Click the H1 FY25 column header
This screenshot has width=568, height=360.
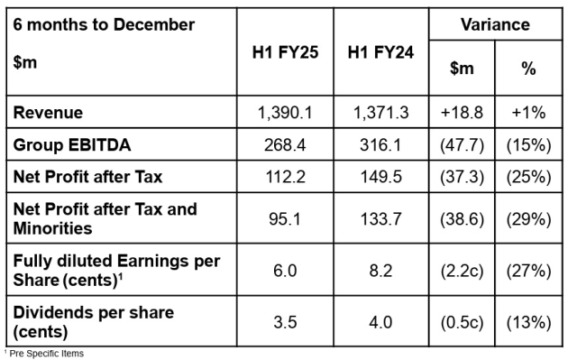pyautogui.click(x=285, y=52)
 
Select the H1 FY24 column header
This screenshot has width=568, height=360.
pyautogui.click(x=380, y=52)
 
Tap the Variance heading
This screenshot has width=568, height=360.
pyautogui.click(x=495, y=24)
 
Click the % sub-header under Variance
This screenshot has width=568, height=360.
pyautogui.click(x=528, y=69)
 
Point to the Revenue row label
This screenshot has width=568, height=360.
pyautogui.click(x=48, y=113)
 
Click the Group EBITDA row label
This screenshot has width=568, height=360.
pyautogui.click(x=72, y=145)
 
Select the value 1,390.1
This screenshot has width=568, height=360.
pyautogui.click(x=285, y=113)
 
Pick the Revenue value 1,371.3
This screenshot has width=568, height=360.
pyautogui.click(x=380, y=113)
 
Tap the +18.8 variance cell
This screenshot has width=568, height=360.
pyautogui.click(x=462, y=113)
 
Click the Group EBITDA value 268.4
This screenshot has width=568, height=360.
pyautogui.click(x=285, y=145)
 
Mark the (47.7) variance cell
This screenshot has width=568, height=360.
pyautogui.click(x=462, y=145)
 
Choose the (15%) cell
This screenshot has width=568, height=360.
pyautogui.click(x=529, y=145)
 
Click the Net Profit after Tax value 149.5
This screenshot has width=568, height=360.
pyautogui.click(x=380, y=177)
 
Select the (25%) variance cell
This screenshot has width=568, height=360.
pyautogui.click(x=529, y=177)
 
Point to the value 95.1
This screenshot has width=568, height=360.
pyautogui.click(x=285, y=219)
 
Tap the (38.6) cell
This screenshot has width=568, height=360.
pyautogui.click(x=462, y=219)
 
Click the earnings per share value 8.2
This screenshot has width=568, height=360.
pyautogui.click(x=380, y=271)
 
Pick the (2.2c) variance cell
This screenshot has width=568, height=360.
pyautogui.click(x=462, y=271)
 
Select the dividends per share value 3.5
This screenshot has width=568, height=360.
pyautogui.click(x=285, y=322)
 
